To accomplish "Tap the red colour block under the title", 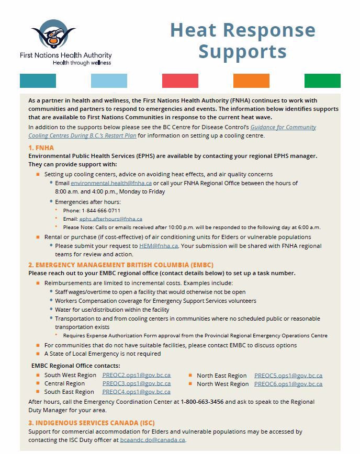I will pyautogui.click(x=180, y=81).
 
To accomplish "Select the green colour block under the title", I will pyautogui.click(x=322, y=81).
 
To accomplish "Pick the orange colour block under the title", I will pyautogui.click(x=251, y=81).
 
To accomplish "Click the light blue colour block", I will pyautogui.click(x=109, y=81).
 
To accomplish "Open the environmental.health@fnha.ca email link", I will pyautogui.click(x=111, y=183).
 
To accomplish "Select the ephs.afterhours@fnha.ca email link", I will pyautogui.click(x=110, y=219).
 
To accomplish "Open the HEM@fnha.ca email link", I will pyautogui.click(x=159, y=245).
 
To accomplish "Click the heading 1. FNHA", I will pyautogui.click(x=41, y=148).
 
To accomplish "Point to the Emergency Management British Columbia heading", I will pyautogui.click(x=121, y=265).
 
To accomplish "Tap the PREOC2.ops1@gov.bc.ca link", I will pyautogui.click(x=136, y=376).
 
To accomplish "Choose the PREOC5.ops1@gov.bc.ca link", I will pyautogui.click(x=288, y=376).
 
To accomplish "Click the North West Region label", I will pyautogui.click(x=222, y=384).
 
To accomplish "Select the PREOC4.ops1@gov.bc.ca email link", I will pyautogui.click(x=136, y=392).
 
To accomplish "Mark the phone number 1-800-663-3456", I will pyautogui.click(x=202, y=402).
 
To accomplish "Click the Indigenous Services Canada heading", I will pyautogui.click(x=92, y=423).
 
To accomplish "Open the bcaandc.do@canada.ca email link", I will pyautogui.click(x=152, y=440).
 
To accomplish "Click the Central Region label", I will pyautogui.click(x=64, y=384).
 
